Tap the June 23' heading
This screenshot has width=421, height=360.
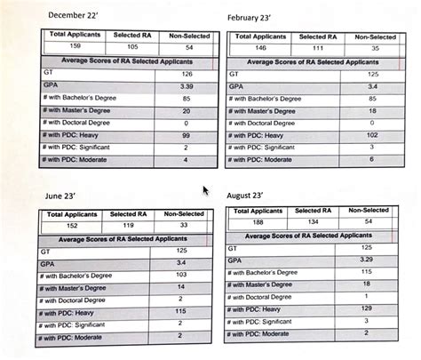tap(68, 195)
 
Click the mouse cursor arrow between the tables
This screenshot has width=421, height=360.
tap(206, 190)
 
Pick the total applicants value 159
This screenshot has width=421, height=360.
tap(65, 45)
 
